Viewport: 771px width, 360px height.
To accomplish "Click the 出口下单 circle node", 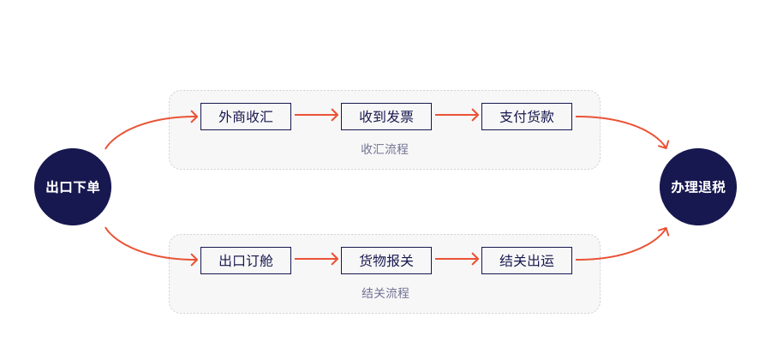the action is (x=73, y=187).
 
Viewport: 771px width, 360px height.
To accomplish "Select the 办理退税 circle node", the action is (x=697, y=187).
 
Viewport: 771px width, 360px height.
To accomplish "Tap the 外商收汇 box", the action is (x=246, y=117).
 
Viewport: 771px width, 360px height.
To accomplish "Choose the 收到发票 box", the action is (x=386, y=117).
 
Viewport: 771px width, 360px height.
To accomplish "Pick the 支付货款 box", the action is (x=527, y=117).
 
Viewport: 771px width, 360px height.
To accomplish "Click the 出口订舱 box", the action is (x=246, y=261).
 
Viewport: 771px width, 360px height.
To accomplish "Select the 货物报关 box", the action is (x=386, y=261).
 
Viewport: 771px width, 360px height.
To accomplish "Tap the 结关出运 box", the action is (x=527, y=261).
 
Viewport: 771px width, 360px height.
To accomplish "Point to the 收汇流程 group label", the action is (x=385, y=149).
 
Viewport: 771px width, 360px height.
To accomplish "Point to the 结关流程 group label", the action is (x=385, y=294).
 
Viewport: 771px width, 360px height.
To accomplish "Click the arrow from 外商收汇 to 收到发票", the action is (x=316, y=115).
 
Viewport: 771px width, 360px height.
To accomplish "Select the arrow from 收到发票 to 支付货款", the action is (x=457, y=115).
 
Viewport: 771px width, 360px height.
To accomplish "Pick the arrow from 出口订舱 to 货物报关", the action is (x=316, y=259).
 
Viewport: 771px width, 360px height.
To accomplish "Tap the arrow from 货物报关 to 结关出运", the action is (x=457, y=259).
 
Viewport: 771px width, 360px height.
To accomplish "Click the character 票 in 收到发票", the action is (x=407, y=117).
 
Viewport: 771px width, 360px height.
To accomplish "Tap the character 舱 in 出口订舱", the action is (x=266, y=261).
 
